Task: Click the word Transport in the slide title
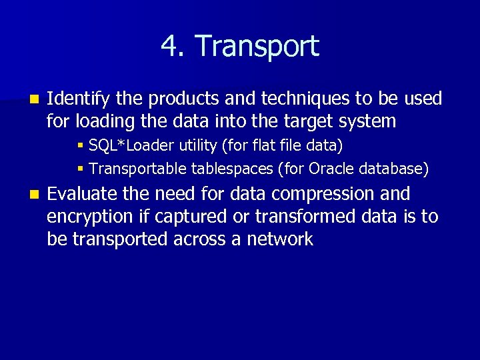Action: [257, 47]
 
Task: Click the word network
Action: [280, 239]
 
